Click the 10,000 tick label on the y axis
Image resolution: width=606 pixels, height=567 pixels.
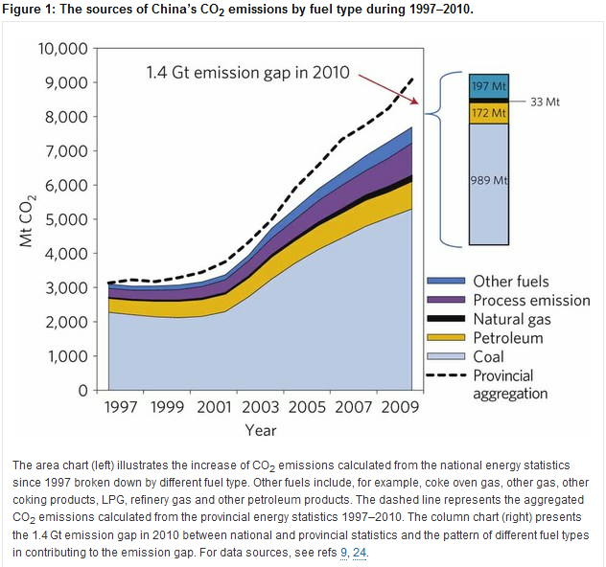[62, 49]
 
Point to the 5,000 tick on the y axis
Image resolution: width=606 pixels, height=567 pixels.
[66, 219]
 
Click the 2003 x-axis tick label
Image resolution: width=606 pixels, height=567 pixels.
[262, 406]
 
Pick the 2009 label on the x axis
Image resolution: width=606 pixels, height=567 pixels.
[401, 406]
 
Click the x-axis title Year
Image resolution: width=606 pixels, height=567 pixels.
[261, 430]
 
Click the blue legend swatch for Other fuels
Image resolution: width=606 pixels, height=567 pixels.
[445, 282]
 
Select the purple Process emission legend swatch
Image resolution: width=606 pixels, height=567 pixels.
[445, 301]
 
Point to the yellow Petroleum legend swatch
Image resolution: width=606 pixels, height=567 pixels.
[445, 338]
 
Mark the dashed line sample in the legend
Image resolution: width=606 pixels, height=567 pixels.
[445, 375]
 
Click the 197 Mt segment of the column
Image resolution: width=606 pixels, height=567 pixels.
[488, 85]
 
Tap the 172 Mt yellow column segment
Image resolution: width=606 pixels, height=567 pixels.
[488, 113]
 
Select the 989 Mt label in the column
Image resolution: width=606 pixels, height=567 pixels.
[489, 181]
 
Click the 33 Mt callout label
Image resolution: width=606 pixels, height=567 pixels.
[545, 101]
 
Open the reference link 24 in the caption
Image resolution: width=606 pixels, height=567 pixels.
[360, 553]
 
